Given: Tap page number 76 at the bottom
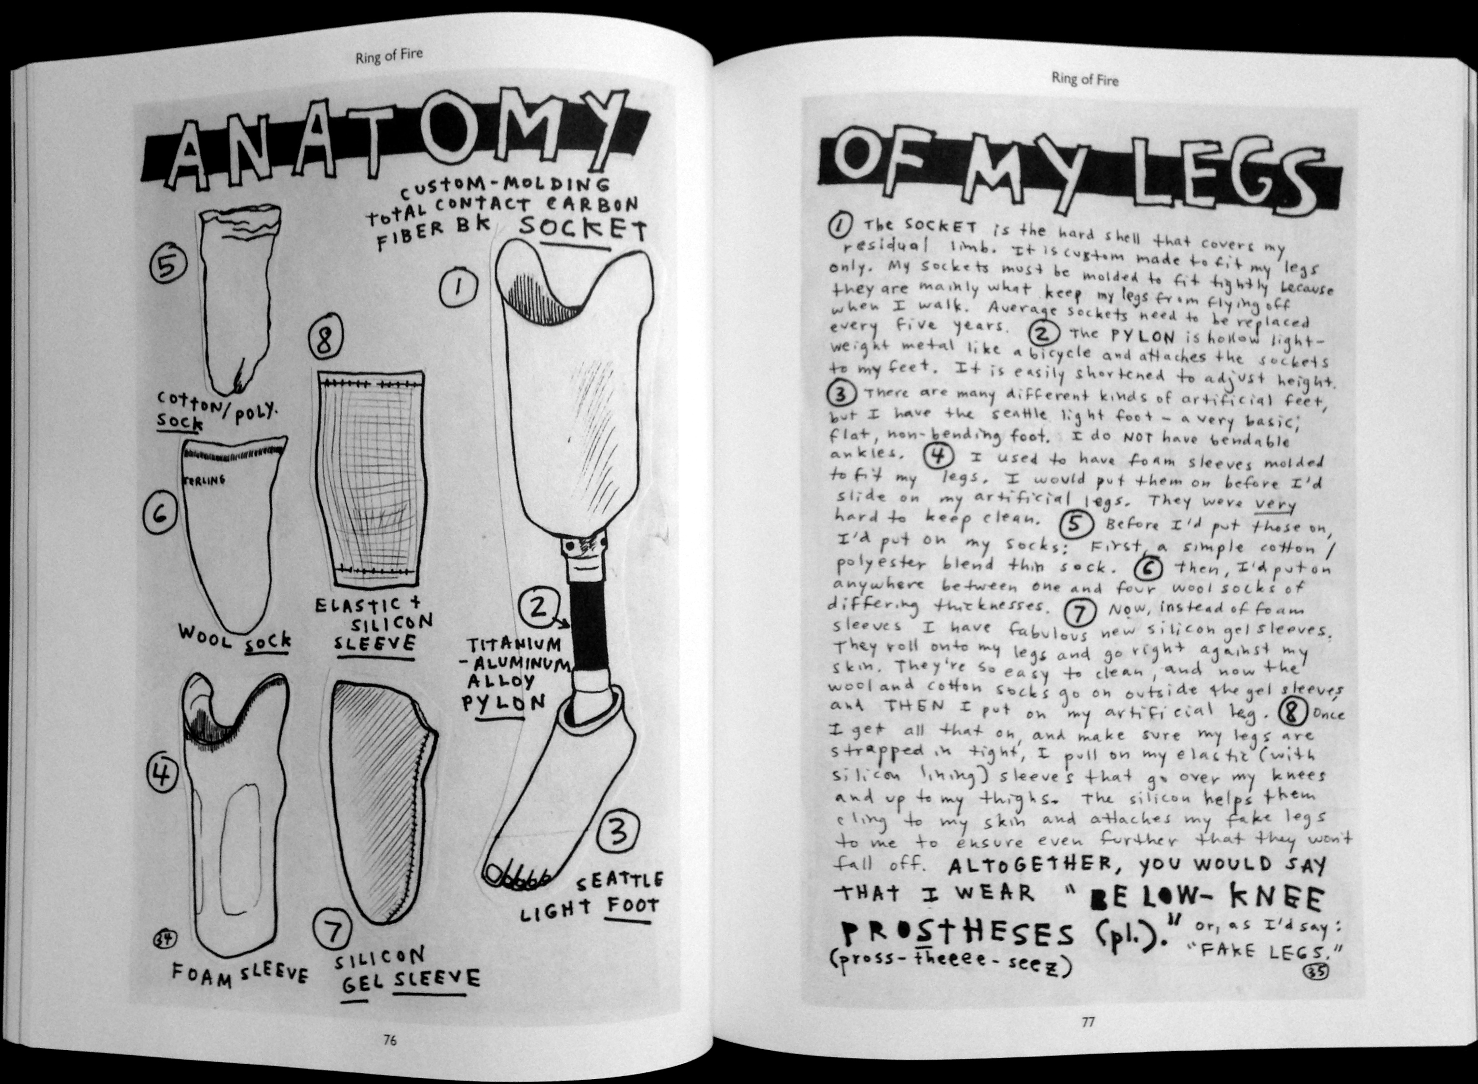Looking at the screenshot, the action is pos(390,1040).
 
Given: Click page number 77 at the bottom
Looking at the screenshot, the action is pos(1088,1021).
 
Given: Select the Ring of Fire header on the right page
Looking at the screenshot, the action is pos(1085,80).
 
